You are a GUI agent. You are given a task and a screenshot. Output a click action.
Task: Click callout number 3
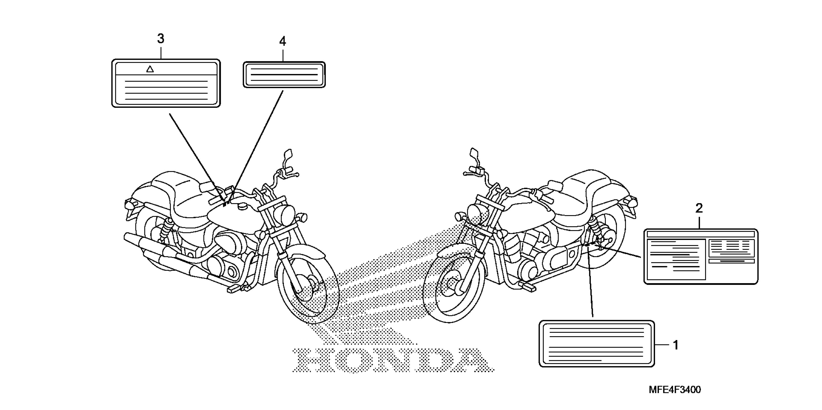pos(160,39)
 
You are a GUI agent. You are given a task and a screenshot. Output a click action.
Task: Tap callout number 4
pos(282,41)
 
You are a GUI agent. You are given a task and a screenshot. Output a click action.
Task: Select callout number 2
pos(699,208)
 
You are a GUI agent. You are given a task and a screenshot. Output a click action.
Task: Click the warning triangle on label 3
pos(150,69)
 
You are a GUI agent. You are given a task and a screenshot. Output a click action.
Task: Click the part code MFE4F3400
pos(675,389)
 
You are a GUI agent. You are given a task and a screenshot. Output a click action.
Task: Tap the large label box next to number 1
pos(596,344)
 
